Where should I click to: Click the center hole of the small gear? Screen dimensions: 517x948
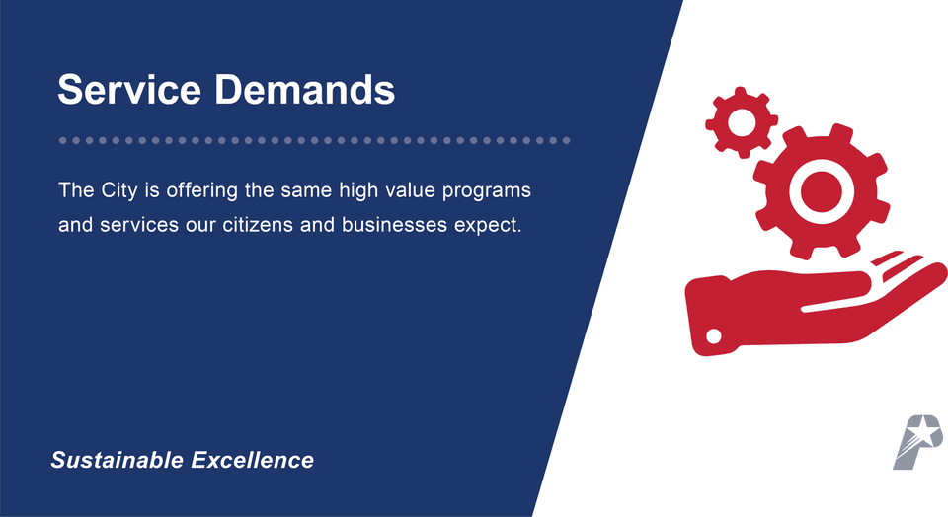(741, 121)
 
